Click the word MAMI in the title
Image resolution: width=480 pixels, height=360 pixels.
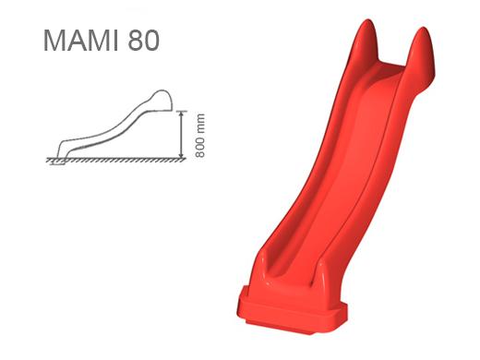click(81, 41)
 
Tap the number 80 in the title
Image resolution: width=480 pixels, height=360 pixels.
click(144, 41)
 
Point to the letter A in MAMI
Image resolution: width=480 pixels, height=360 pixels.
click(76, 41)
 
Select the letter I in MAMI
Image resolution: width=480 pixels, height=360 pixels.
click(116, 41)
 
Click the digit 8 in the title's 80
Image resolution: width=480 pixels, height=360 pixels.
click(136, 41)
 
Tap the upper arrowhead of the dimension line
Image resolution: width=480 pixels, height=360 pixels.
click(182, 114)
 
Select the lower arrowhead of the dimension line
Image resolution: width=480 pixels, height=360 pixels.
click(182, 154)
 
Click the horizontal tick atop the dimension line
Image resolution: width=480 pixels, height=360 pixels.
click(182, 111)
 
